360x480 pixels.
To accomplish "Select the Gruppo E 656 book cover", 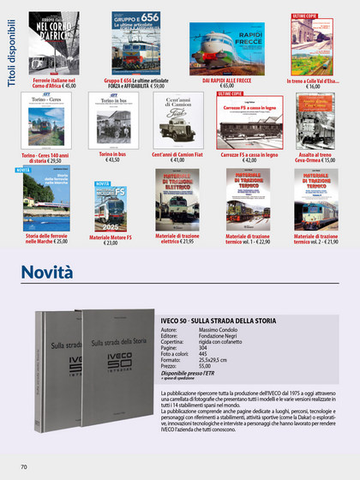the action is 135,44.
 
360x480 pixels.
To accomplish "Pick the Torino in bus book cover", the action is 112,121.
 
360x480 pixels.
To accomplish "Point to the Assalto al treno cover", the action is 315,121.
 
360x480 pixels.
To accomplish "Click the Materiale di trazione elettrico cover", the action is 177,199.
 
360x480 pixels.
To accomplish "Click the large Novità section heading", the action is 47,272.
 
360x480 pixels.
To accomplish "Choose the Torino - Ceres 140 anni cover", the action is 42,121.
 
